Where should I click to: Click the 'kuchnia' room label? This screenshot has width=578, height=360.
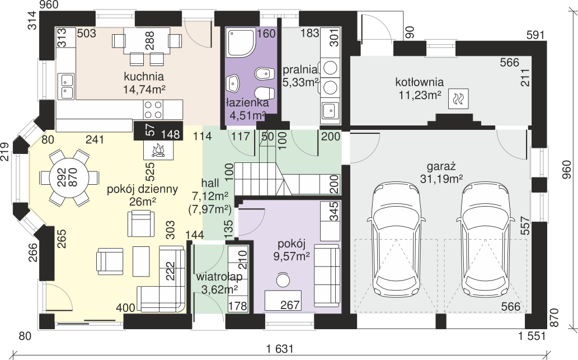tap(144, 77)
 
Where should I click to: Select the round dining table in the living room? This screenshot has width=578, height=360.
tap(69, 177)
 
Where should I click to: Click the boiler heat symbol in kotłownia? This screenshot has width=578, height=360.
tap(458, 99)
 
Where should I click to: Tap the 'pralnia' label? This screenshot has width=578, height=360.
tap(300, 69)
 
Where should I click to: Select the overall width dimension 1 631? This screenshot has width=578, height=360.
tap(281, 348)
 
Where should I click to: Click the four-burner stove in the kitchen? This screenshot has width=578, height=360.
tap(153, 110)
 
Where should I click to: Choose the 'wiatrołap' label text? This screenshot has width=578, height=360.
tap(219, 277)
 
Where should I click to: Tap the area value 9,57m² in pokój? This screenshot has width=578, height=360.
tap(291, 256)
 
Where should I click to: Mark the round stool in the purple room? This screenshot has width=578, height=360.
tap(283, 280)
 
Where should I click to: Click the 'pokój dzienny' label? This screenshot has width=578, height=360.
tap(142, 189)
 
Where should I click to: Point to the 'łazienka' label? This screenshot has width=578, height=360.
tap(247, 103)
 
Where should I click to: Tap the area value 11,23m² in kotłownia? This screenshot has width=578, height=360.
tap(420, 95)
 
